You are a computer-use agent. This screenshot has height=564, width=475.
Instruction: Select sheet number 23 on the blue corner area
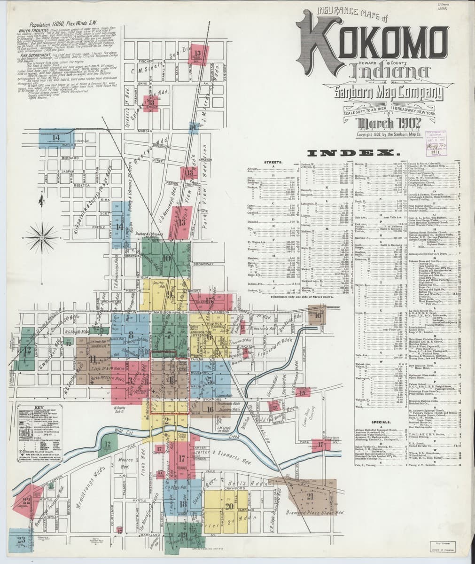(x=21, y=540)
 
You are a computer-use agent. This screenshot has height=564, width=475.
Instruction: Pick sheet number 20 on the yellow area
(x=229, y=506)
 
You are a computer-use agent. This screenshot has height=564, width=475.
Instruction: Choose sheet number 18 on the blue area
(x=183, y=504)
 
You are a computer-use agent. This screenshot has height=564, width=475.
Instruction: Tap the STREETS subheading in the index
(x=273, y=162)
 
